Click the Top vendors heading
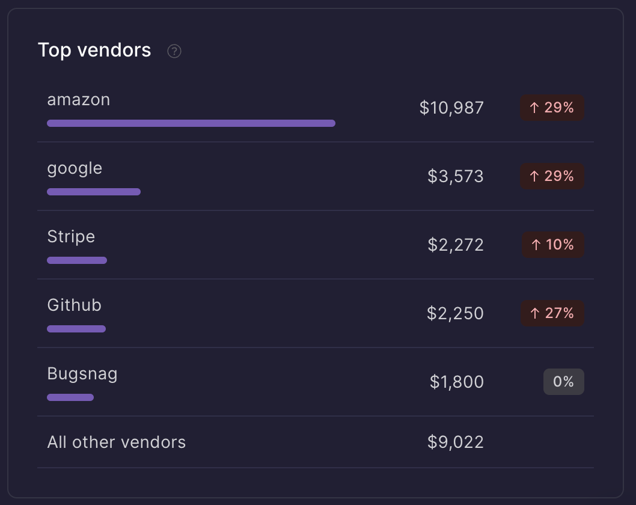pos(94,50)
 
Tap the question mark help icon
pos(174,51)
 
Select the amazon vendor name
pos(79,100)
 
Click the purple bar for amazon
pos(191,123)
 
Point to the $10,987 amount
pos(451,108)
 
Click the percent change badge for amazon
pos(552,108)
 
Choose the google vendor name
pos(75,168)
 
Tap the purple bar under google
pos(94,192)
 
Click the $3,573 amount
pos(456,176)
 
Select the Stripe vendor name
pos(71,237)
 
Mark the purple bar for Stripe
pos(77,260)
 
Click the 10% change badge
pos(552,245)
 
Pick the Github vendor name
pos(75,305)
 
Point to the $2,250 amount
pos(455,313)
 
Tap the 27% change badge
pos(552,313)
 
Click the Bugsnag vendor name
pos(82,374)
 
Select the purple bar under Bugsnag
pos(70,397)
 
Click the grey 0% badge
pos(563,382)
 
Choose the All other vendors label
pos(117,442)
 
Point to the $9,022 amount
pos(456,442)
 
